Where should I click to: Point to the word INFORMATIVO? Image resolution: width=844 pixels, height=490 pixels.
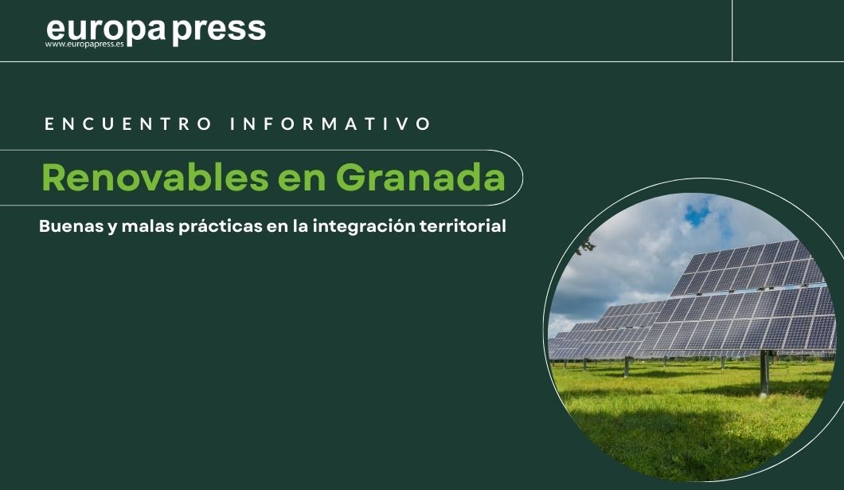[x=330, y=123]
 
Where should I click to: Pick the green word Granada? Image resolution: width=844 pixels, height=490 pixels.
[x=420, y=178]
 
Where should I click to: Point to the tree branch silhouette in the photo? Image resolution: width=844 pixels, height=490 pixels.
[x=585, y=245]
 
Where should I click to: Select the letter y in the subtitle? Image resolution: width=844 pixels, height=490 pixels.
[x=112, y=228]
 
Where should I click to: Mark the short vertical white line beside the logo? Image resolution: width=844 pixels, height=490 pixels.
[x=732, y=30]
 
